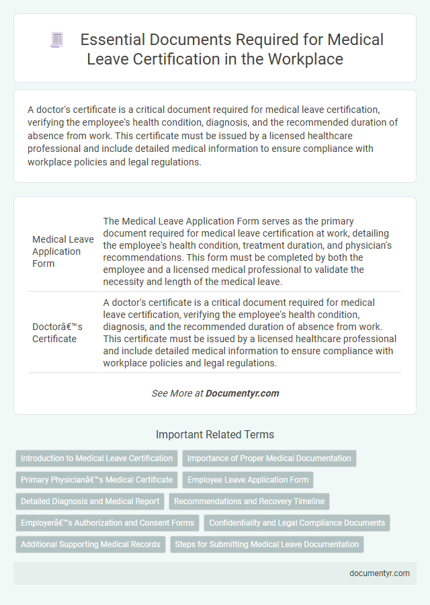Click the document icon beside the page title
(57, 40)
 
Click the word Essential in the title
(109, 40)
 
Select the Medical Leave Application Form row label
(63, 251)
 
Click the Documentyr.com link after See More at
(243, 393)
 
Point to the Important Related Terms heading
(215, 434)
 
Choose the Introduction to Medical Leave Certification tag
(97, 458)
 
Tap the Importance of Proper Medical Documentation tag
(269, 458)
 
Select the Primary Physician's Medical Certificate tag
(97, 480)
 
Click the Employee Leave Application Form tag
(248, 480)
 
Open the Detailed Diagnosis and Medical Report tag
(90, 501)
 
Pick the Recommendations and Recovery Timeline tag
(249, 501)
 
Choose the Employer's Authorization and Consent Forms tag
(107, 522)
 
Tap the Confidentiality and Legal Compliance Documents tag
(297, 522)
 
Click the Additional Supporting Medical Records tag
(90, 544)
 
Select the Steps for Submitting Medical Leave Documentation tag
(267, 544)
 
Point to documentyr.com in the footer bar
(380, 573)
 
